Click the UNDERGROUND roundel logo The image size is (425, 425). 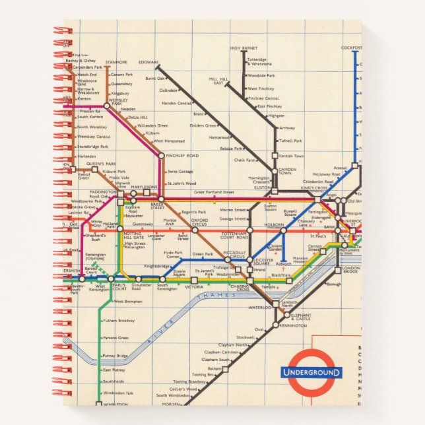[311, 372]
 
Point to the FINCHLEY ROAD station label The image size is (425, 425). [183, 156]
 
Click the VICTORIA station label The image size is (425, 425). [194, 287]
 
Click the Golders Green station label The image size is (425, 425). [203, 125]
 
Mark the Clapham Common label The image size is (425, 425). [222, 352]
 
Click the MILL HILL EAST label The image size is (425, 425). [217, 81]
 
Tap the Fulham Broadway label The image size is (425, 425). [119, 321]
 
